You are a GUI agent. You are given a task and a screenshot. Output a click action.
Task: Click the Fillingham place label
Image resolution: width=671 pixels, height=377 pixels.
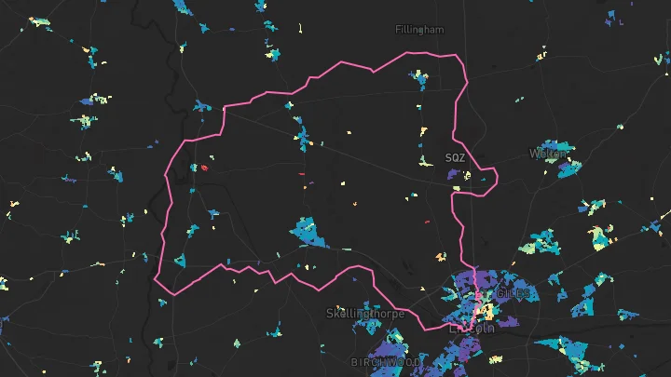[x=419, y=30]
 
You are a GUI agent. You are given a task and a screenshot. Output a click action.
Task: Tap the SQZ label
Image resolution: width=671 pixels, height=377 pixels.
[x=455, y=158]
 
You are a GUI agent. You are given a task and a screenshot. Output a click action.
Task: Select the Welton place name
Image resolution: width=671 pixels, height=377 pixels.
[x=547, y=153]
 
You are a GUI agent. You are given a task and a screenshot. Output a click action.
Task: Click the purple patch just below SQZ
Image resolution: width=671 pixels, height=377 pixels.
[x=455, y=173]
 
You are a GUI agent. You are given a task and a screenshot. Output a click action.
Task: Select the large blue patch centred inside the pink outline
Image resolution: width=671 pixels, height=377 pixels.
[x=307, y=231]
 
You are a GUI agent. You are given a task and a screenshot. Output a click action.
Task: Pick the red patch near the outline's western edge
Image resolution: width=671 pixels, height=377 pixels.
[x=203, y=168]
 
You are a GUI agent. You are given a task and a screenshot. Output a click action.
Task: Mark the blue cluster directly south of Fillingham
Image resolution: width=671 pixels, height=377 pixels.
[x=419, y=80]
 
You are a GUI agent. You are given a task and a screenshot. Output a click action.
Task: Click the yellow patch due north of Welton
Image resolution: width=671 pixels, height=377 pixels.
[x=541, y=56]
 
